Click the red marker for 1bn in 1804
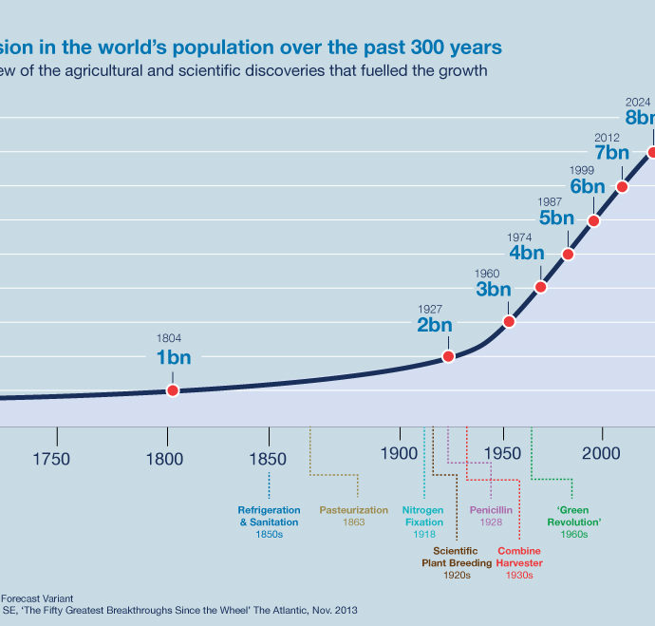(173, 390)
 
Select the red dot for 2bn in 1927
(449, 356)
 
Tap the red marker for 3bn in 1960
(509, 321)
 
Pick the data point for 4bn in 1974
(541, 287)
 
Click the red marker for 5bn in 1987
(569, 254)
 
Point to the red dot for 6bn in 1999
(594, 220)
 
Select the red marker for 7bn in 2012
(623, 186)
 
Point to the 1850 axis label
(268, 457)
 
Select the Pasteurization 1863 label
(354, 516)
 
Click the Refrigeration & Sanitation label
(269, 522)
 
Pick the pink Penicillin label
(491, 516)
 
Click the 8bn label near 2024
(640, 118)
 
